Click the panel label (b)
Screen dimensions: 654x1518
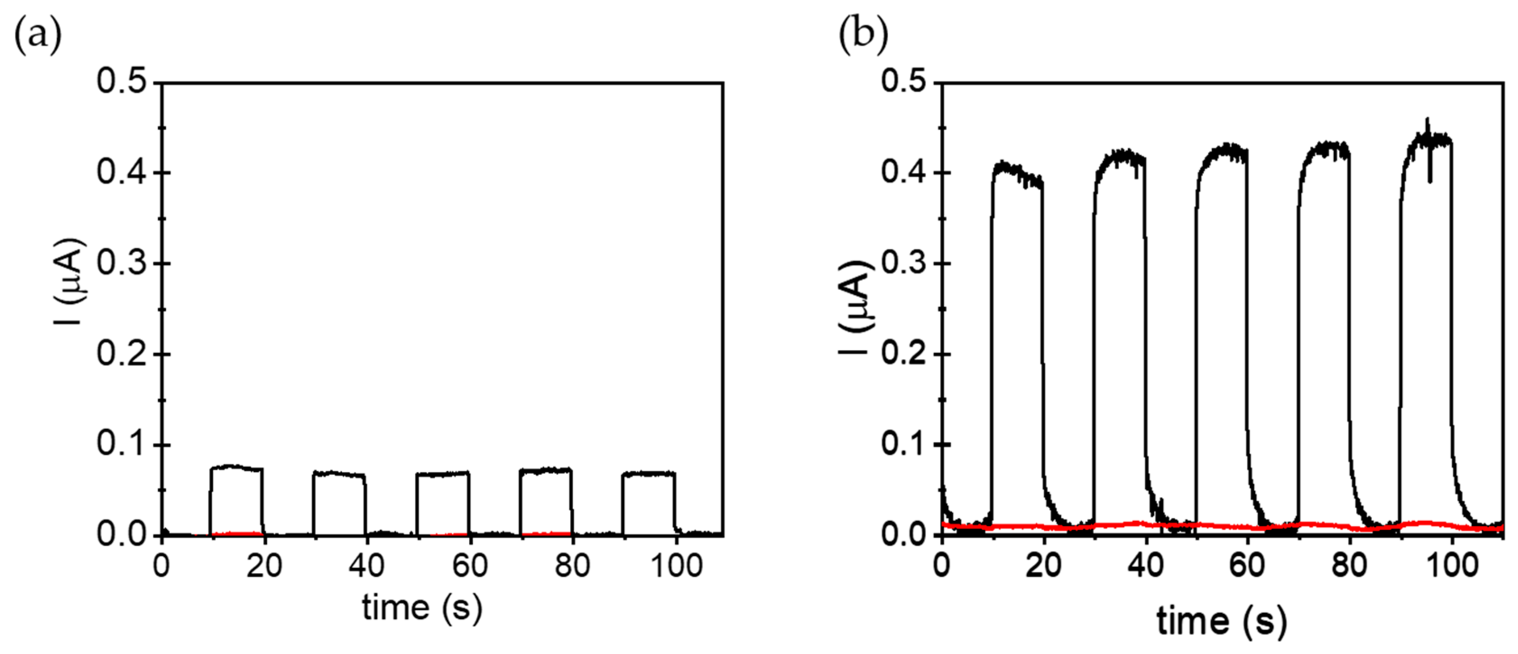coord(863,35)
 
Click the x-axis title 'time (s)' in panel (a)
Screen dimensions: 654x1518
coord(422,608)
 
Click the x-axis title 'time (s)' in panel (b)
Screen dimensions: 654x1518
coord(1221,622)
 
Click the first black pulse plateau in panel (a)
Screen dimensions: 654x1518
coord(236,468)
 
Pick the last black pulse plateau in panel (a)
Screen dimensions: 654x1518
coord(648,473)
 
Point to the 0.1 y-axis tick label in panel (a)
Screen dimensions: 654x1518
coord(121,444)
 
